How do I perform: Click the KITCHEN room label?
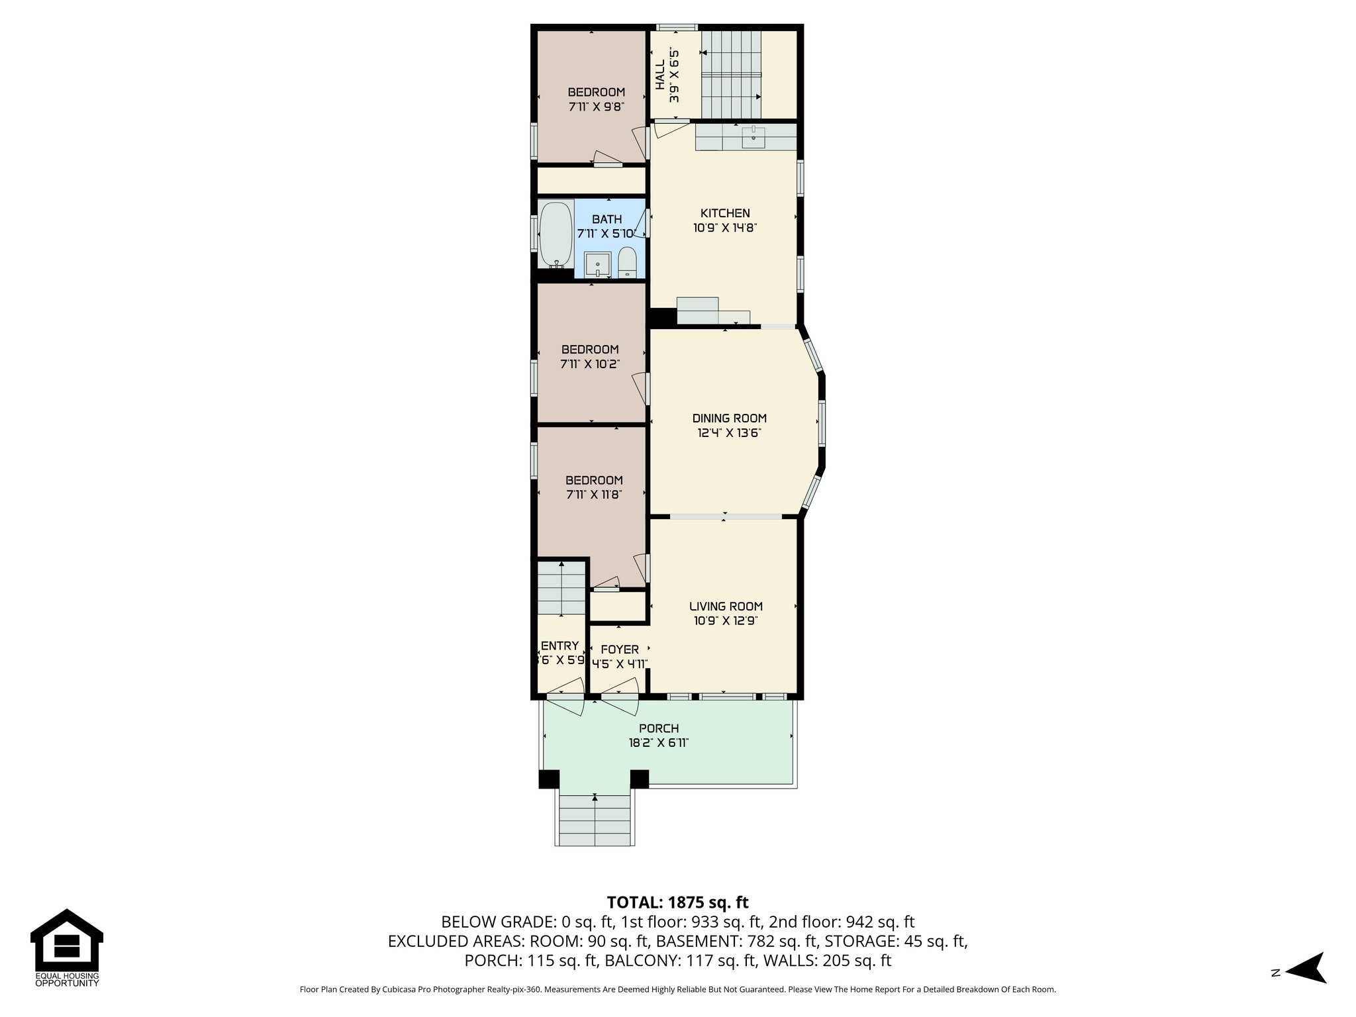click(x=725, y=213)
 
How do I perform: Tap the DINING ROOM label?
click(x=729, y=418)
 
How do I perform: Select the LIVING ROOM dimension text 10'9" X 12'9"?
click(x=726, y=621)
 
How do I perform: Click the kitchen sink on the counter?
click(x=753, y=138)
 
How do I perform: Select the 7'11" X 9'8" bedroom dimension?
click(x=596, y=106)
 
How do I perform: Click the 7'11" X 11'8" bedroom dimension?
click(x=594, y=495)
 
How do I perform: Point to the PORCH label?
click(x=659, y=729)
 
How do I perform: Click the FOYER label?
click(x=620, y=650)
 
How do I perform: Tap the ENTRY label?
click(x=559, y=646)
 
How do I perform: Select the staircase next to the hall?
click(x=731, y=74)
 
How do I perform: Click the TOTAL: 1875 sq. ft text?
click(x=677, y=902)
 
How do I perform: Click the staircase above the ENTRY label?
click(x=561, y=588)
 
